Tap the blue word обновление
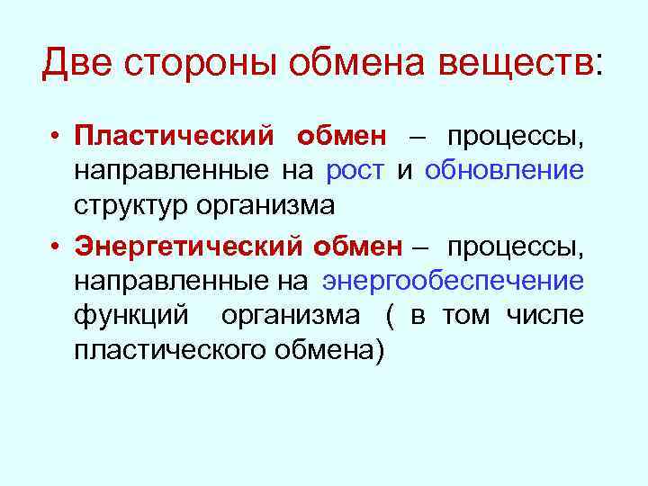[x=504, y=170]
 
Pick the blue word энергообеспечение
[x=454, y=281]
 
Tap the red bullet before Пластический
[x=55, y=138]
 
